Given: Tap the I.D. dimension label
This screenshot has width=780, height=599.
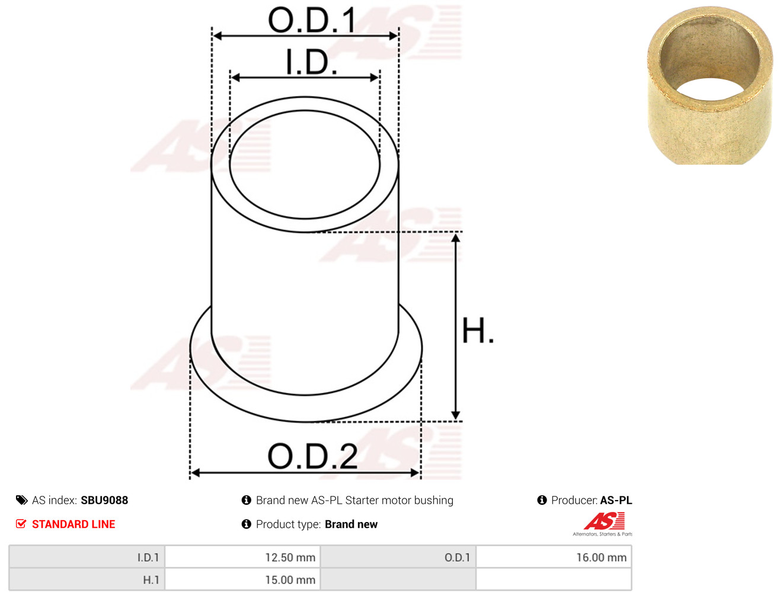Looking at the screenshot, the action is [311, 62].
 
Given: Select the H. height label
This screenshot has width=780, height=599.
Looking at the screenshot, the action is [478, 331].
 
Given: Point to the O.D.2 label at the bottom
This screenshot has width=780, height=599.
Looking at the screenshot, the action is [312, 456].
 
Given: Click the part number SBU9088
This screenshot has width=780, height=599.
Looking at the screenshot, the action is [104, 501].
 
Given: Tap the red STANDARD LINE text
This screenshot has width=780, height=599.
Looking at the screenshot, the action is [73, 524].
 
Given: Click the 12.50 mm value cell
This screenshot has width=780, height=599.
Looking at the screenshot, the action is [242, 558].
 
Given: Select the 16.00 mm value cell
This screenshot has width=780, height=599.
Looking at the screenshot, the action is [554, 558].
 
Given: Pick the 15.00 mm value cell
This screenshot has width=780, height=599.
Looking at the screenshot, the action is [242, 579].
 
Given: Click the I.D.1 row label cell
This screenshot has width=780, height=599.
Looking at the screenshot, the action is [87, 558].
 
